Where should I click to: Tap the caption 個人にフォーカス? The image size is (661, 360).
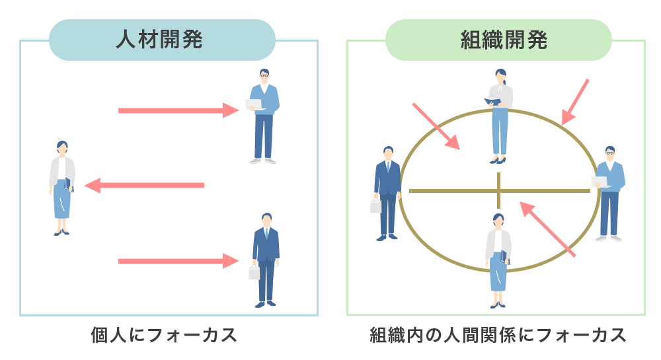(x=163, y=335)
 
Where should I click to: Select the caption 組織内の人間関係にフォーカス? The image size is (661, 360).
(x=497, y=335)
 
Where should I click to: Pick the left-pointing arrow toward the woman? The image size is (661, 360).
(x=145, y=186)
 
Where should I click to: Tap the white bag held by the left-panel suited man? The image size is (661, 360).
(x=254, y=272)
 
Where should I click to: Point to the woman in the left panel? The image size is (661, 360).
(x=61, y=188)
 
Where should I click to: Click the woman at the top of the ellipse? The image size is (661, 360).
(x=500, y=116)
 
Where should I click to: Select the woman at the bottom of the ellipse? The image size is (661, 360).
(x=498, y=260)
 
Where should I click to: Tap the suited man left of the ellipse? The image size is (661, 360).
(x=387, y=192)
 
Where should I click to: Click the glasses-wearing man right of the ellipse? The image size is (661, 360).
(x=609, y=192)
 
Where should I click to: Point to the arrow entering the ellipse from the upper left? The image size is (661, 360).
(x=436, y=126)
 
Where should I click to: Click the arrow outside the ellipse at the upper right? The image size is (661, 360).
(x=575, y=101)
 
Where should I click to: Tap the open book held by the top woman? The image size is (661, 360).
(x=492, y=101)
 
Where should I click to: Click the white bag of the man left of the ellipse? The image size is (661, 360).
(x=375, y=206)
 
